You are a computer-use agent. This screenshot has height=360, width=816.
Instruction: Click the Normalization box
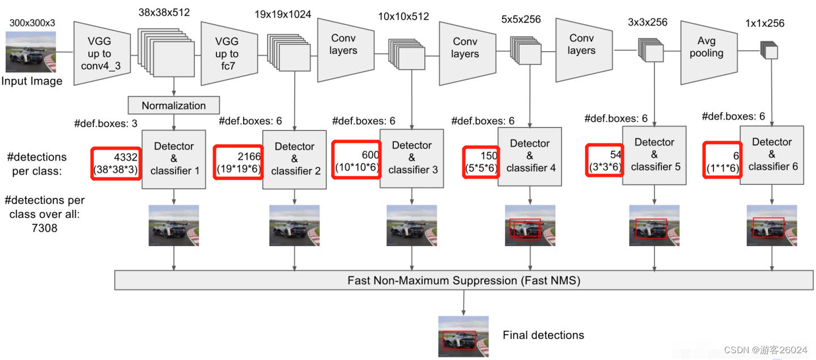click(x=173, y=105)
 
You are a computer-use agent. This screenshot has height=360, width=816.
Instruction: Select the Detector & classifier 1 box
click(x=173, y=159)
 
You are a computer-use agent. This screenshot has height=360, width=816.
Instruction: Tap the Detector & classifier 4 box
click(x=530, y=156)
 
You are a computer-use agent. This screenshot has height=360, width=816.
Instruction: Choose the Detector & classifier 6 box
click(x=772, y=154)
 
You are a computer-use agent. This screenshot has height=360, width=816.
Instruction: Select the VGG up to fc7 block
click(x=226, y=54)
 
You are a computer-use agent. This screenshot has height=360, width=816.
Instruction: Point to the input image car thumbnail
click(x=31, y=52)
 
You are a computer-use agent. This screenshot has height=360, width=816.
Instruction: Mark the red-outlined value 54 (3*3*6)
click(x=604, y=161)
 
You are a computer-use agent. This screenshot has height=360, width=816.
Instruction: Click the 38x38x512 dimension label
click(x=164, y=12)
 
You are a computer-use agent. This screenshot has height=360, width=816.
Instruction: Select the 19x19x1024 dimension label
click(x=283, y=15)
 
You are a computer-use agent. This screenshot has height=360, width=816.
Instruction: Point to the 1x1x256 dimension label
click(x=765, y=23)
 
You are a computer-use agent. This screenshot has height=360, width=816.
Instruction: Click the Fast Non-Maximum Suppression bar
click(x=464, y=281)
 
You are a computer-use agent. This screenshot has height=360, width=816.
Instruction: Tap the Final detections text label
click(x=543, y=335)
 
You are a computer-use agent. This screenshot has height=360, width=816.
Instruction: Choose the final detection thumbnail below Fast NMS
click(x=463, y=336)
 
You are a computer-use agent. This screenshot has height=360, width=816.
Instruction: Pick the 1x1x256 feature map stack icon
click(x=769, y=50)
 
